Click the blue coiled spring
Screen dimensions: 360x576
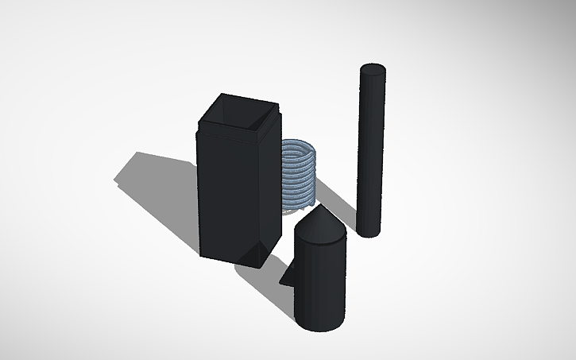pyautogui.click(x=300, y=176)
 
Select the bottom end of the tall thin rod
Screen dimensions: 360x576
pyautogui.click(x=369, y=231)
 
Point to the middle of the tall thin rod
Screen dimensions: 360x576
pyautogui.click(x=372, y=151)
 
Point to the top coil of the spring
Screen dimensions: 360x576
pyautogui.click(x=300, y=145)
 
